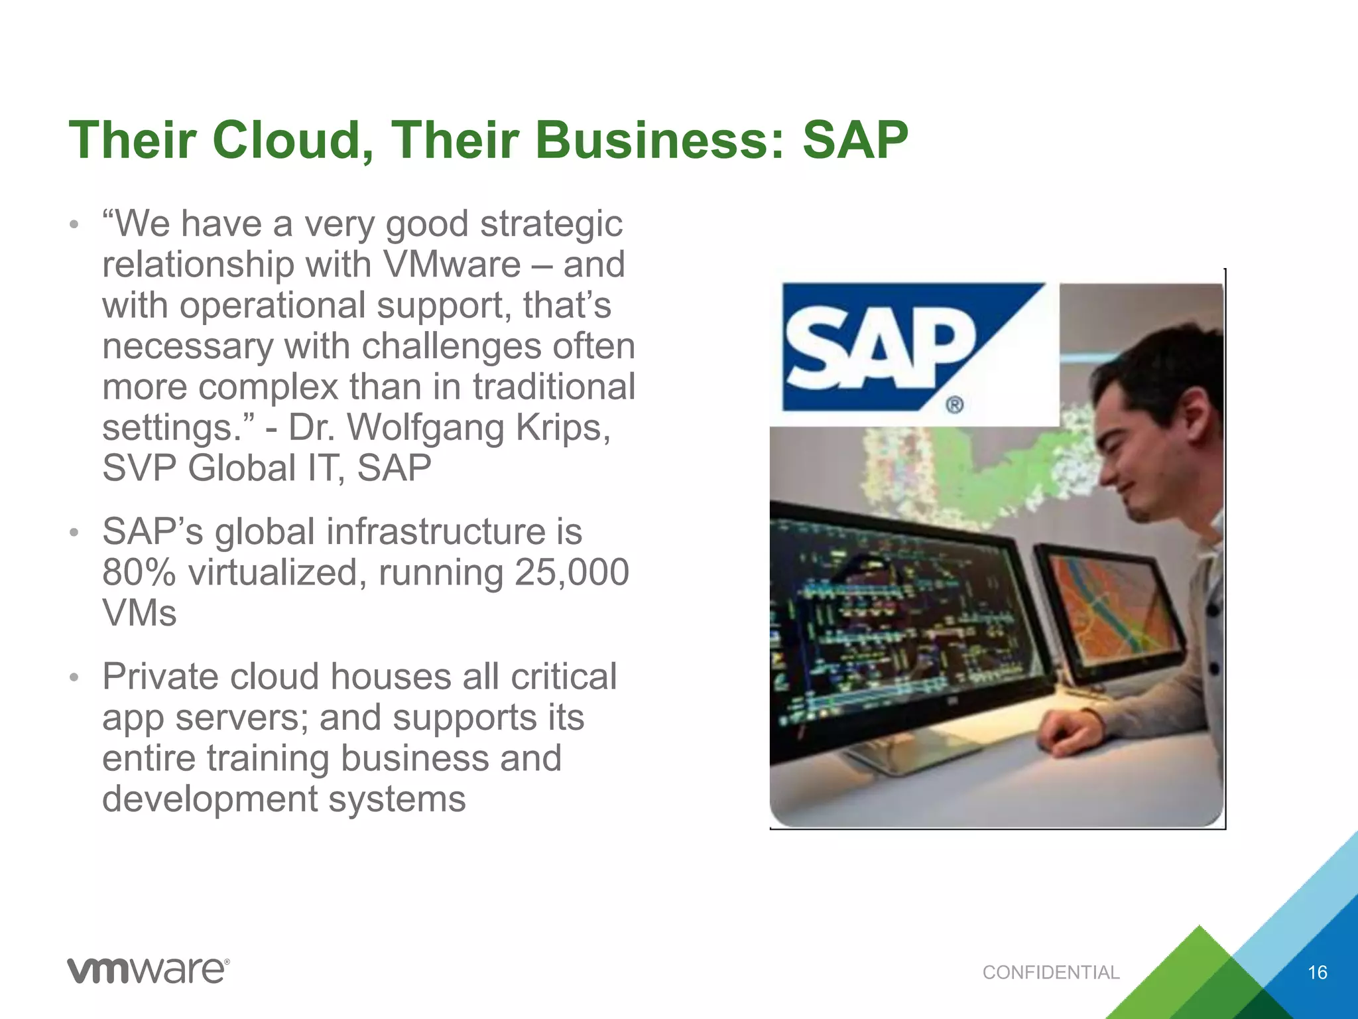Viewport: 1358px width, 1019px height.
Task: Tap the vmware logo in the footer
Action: tap(148, 971)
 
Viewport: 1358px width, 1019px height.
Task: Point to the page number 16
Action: tap(1317, 973)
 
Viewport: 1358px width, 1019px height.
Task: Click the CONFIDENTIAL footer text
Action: tap(1050, 973)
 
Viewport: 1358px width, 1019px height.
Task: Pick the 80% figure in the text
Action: tap(139, 573)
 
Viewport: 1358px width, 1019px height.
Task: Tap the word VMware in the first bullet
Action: tap(452, 265)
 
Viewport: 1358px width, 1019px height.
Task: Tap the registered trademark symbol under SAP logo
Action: tap(954, 404)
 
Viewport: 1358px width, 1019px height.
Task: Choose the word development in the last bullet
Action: tap(210, 799)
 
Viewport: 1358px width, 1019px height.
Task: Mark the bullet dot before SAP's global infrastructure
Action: tap(74, 533)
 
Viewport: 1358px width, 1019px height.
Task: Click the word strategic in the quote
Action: tap(552, 224)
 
